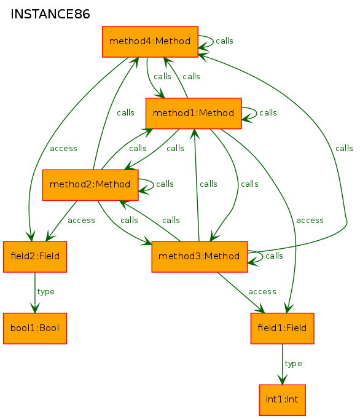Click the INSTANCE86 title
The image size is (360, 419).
50,14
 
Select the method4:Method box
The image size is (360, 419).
150,42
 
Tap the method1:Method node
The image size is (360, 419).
194,113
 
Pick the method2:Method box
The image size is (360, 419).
90,185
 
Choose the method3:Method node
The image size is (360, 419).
200,257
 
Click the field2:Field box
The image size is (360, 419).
35,257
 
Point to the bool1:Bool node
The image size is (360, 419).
35,329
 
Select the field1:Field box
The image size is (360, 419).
282,329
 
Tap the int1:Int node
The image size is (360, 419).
282,400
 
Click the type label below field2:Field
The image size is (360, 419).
45,292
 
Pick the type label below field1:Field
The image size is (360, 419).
293,364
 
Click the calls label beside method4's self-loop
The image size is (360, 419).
224,41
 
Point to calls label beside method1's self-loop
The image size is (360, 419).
268,113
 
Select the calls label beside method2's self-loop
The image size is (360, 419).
165,184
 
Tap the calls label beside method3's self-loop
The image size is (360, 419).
274,256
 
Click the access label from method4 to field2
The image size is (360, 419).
64,149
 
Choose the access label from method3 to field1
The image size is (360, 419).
262,292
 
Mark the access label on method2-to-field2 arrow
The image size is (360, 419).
81,221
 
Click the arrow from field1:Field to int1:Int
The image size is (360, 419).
282,364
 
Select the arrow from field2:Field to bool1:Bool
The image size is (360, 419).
35,292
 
